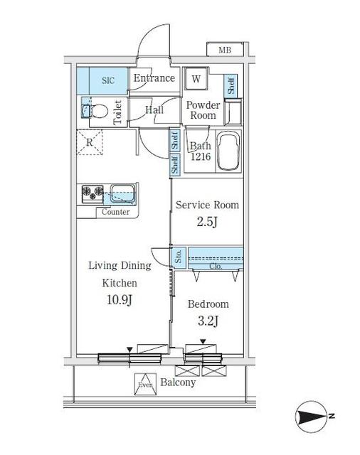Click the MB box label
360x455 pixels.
tap(225, 50)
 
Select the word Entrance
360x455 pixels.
tap(154, 78)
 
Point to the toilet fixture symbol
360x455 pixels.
tap(99, 112)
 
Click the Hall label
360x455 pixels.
tap(154, 109)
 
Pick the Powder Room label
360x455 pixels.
tap(203, 110)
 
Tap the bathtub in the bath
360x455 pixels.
tap(228, 151)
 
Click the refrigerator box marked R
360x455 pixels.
tap(90, 141)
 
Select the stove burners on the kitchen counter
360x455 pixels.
tap(92, 193)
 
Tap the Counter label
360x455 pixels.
tap(115, 212)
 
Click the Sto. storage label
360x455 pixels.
tap(179, 257)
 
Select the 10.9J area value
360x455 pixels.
tap(119, 300)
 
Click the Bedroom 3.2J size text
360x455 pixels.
tap(208, 321)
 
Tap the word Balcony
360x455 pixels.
tap(177, 382)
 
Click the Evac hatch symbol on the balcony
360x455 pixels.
tap(145, 384)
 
